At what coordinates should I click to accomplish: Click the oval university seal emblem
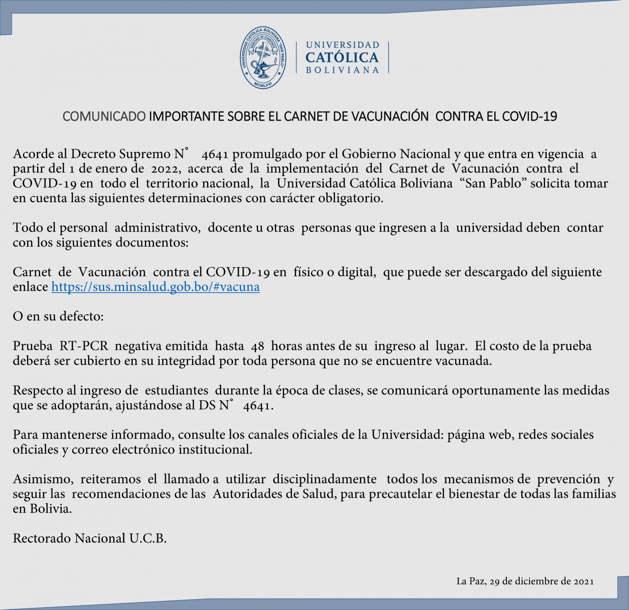[x=263, y=58]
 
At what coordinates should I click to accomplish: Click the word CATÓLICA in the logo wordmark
[x=342, y=57]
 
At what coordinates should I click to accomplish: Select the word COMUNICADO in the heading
[x=104, y=117]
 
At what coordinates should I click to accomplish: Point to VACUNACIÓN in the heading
[x=384, y=117]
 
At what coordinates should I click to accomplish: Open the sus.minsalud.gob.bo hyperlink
[x=155, y=287]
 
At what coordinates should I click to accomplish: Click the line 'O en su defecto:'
[x=58, y=317]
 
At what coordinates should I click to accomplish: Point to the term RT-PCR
[x=84, y=346]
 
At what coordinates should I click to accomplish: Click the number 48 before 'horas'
[x=257, y=347]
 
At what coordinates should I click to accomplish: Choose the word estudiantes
[x=176, y=390]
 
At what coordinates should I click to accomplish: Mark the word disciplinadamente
[x=324, y=479]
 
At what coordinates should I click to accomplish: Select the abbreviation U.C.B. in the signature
[x=148, y=538]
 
